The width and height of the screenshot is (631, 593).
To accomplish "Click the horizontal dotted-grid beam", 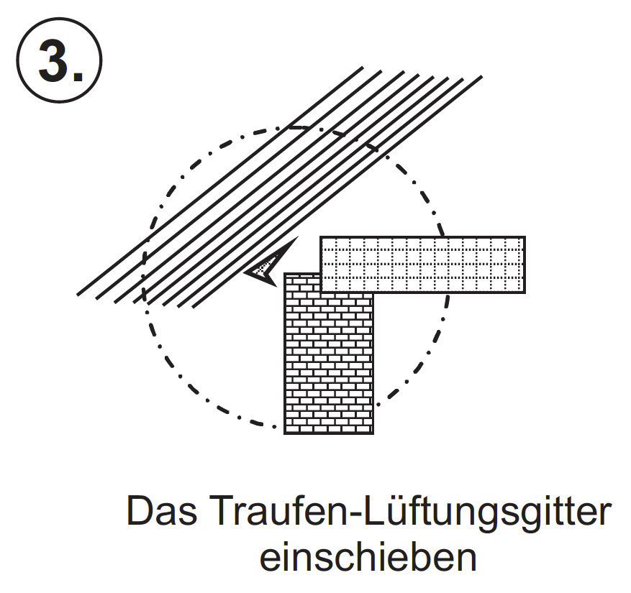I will point(422,264).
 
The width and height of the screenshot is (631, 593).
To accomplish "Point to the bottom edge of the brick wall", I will point(329,433).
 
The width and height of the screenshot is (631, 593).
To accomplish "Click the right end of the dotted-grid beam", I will point(523,264).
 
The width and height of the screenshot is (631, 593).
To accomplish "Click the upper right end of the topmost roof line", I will point(360,69).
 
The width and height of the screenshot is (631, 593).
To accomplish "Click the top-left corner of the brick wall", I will point(286,274).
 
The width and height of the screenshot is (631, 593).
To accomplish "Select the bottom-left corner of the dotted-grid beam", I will point(322,292).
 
